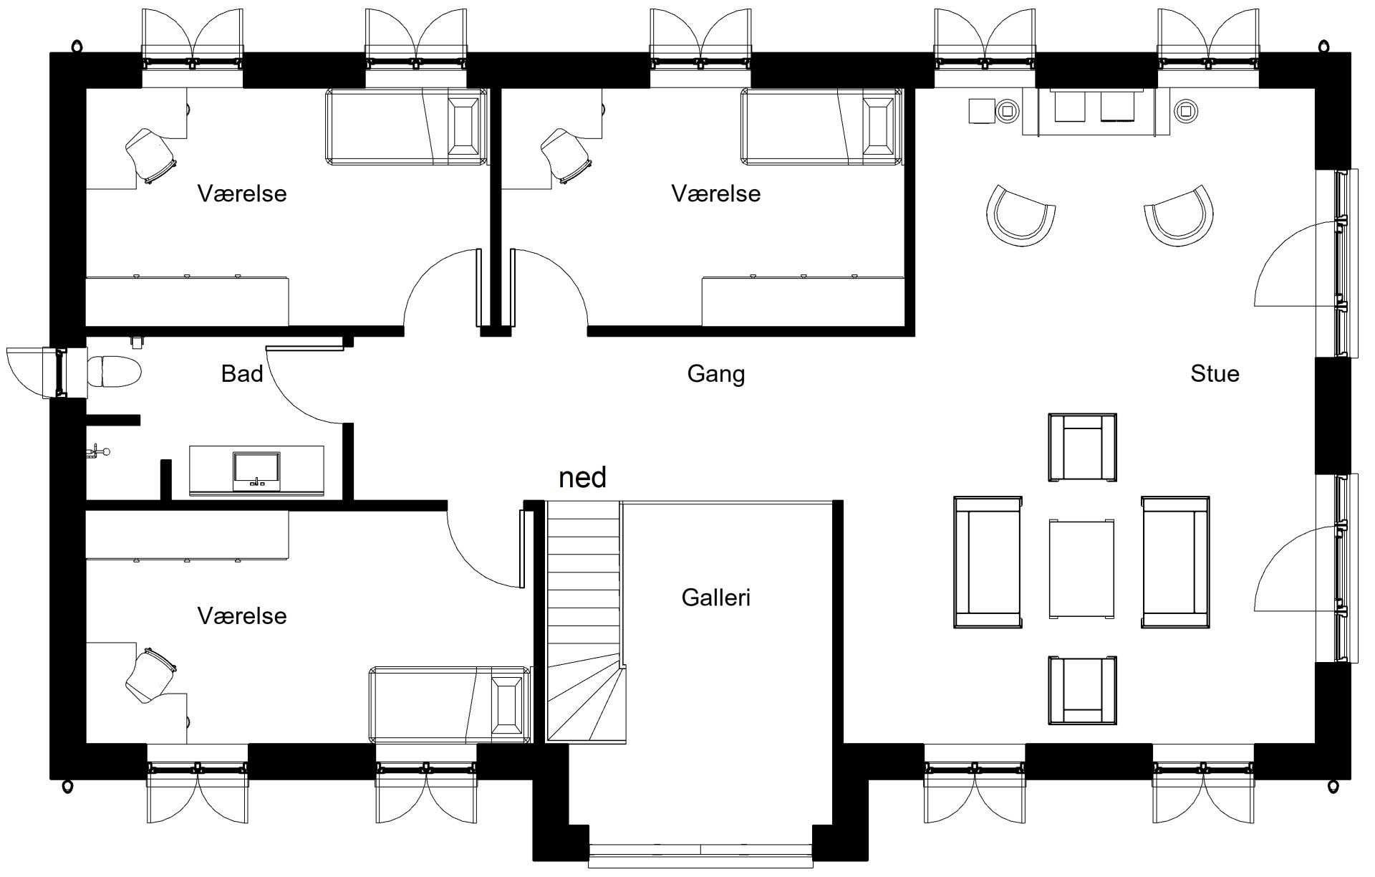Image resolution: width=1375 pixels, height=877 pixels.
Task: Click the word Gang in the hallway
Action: tap(716, 374)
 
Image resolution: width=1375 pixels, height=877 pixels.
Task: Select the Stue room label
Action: tap(1215, 373)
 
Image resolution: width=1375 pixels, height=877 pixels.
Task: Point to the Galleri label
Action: tap(716, 597)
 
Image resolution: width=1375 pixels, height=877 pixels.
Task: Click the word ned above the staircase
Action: tap(582, 476)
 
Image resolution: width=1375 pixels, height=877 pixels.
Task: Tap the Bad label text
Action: tap(242, 373)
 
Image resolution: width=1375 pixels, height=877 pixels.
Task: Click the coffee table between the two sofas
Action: tap(1081, 569)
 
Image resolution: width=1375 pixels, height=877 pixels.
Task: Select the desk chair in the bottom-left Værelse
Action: tap(150, 675)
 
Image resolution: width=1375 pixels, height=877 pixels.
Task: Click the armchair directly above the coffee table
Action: tap(1082, 448)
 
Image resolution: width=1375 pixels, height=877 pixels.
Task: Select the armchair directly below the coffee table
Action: tap(1082, 690)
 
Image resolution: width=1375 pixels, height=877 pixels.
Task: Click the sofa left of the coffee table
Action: tap(988, 562)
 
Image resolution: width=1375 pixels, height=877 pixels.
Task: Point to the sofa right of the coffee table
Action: tap(1175, 562)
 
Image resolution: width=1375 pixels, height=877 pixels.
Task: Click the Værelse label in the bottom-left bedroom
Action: tap(242, 615)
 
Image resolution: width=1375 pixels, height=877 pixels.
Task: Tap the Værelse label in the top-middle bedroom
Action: tap(716, 193)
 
